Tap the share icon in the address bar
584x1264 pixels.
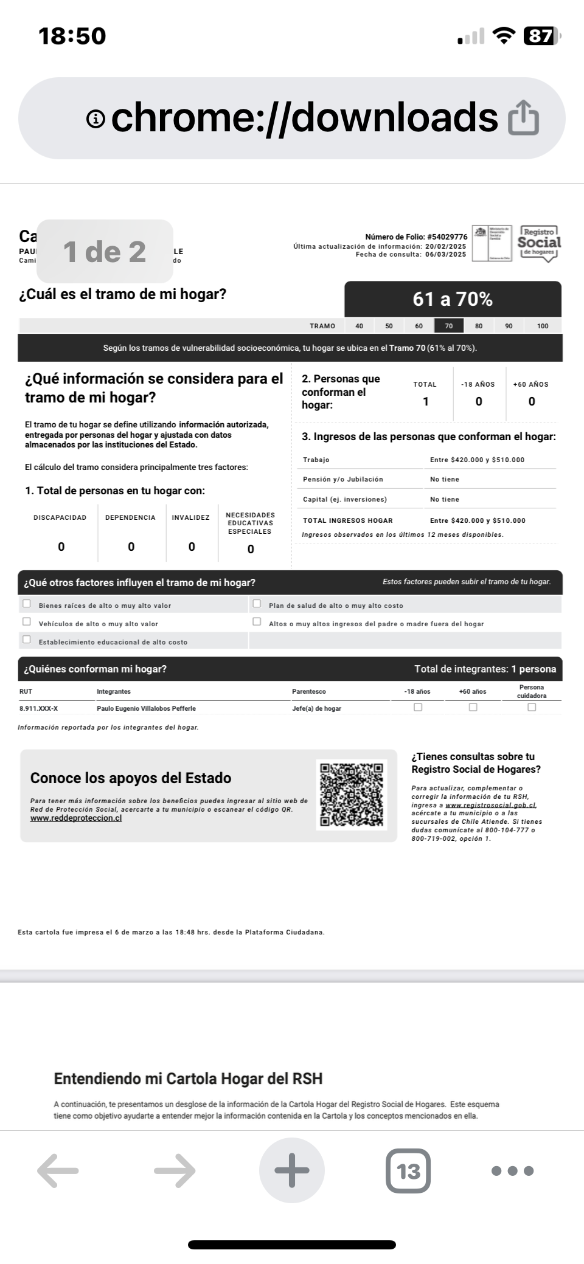(523, 118)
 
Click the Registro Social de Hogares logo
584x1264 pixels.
(539, 243)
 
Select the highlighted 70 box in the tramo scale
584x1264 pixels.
(449, 326)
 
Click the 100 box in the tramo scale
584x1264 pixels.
(543, 326)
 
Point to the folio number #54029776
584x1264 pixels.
(447, 237)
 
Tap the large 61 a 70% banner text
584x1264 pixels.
(453, 299)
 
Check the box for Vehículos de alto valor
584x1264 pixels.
(27, 621)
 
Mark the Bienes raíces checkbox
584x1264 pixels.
(27, 604)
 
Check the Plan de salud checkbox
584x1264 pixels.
(257, 604)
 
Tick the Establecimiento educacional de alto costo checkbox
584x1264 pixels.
(27, 640)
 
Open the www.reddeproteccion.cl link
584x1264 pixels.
(76, 818)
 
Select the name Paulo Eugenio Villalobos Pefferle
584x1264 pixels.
(146, 708)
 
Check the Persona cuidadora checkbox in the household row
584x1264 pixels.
(532, 707)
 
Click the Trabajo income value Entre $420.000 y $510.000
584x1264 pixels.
(477, 460)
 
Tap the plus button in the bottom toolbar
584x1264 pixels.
(292, 1170)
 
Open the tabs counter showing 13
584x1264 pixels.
(408, 1170)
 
